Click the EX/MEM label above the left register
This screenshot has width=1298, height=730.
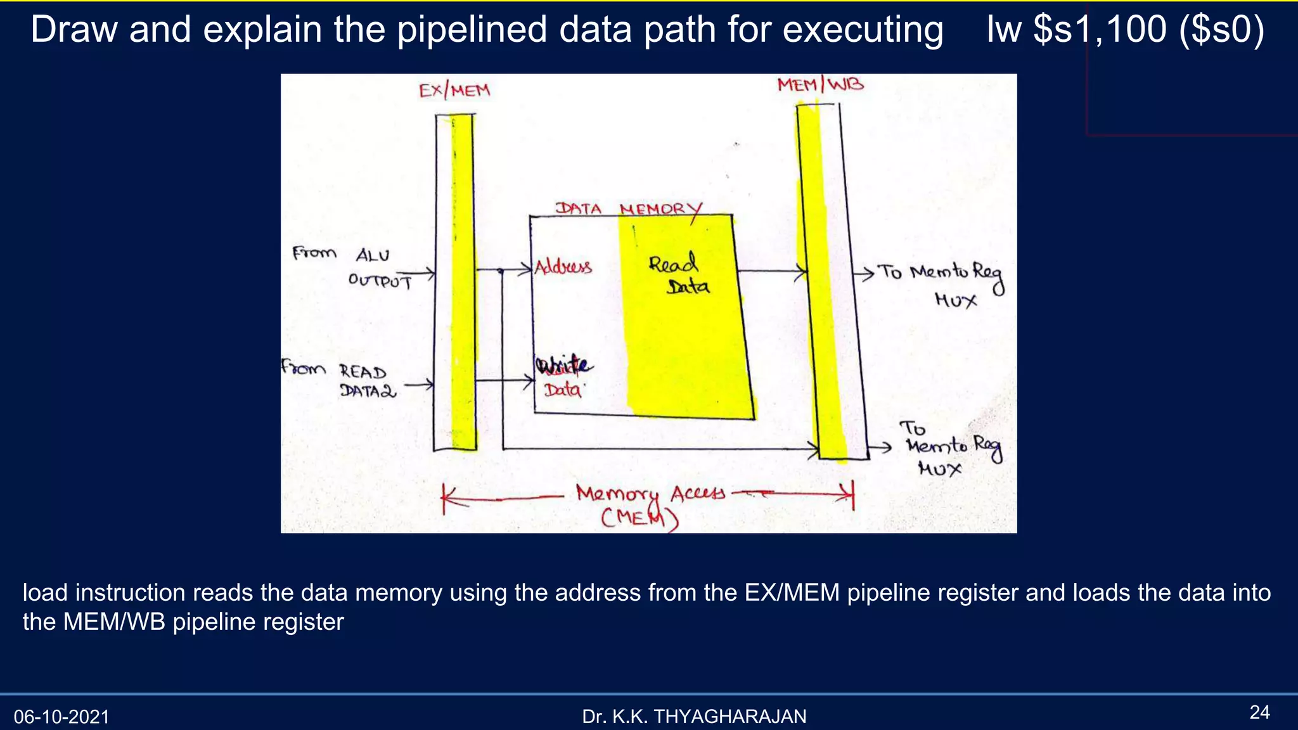454,91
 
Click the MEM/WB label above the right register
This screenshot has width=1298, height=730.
820,85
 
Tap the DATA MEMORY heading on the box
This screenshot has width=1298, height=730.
629,209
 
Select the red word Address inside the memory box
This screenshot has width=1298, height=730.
563,267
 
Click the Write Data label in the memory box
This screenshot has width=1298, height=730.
563,378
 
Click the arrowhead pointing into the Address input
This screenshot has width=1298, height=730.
526,270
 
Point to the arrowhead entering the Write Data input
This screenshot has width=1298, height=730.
529,381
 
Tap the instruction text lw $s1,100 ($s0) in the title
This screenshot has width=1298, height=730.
1125,29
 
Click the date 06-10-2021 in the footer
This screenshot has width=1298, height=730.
61,717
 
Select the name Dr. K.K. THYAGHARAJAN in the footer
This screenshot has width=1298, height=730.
694,717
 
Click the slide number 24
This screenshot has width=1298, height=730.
1259,712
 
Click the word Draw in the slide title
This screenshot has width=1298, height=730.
74,30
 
